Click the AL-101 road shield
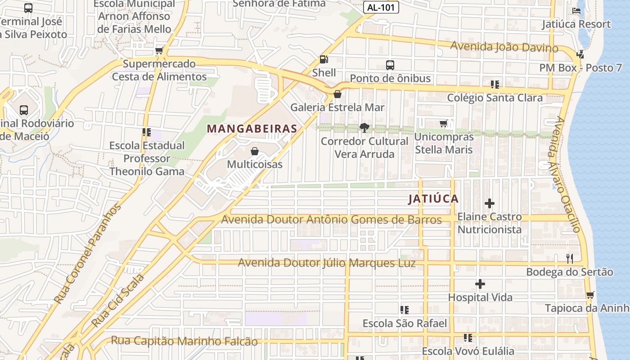381,8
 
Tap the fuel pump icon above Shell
324,59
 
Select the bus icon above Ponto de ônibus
390,65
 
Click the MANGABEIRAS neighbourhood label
252,129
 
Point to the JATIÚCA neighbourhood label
433,198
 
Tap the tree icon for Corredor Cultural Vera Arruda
364,128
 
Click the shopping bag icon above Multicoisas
255,151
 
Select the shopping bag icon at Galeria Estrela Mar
337,94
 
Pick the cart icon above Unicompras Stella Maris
444,123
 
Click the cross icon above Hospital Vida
480,284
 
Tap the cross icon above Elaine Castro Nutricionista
490,203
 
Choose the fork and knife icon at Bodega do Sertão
570,258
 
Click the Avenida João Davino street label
504,47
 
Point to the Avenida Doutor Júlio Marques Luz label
327,263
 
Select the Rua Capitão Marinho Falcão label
184,341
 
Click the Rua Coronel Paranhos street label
87,254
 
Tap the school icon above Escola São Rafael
405,310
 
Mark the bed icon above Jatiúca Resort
576,10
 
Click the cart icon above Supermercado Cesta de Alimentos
159,51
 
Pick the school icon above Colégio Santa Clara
495,84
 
